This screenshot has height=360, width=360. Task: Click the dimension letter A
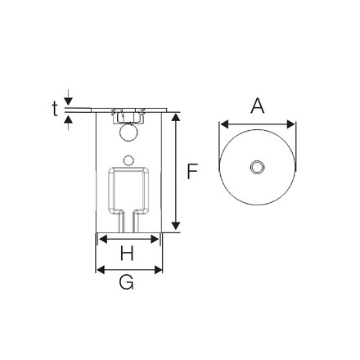click(257, 106)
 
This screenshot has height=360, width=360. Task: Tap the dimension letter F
click(193, 172)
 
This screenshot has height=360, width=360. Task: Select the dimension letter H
click(127, 254)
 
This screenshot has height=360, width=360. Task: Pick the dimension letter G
click(127, 283)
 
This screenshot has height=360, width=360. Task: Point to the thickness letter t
click(55, 108)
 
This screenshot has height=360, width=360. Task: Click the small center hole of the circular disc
click(257, 168)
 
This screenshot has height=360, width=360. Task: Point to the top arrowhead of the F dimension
click(175, 115)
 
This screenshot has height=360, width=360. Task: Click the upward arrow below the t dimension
click(68, 118)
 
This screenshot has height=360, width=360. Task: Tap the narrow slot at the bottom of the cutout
click(128, 221)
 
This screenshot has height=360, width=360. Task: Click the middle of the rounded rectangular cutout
click(128, 187)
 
